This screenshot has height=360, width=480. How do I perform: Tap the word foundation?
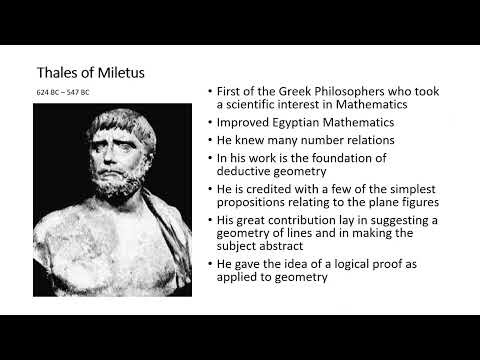[364, 158]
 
